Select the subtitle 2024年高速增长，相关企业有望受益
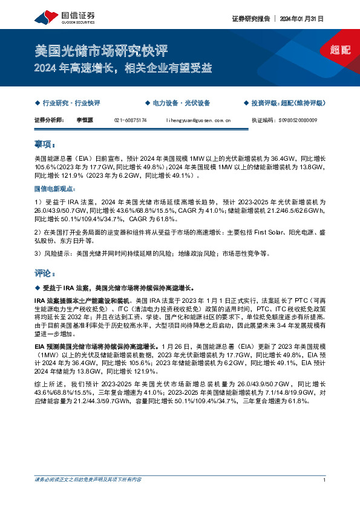123,68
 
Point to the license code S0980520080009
300,121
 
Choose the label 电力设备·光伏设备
180,103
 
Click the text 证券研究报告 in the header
249,19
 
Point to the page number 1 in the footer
325,497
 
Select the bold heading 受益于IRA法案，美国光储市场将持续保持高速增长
127,288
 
